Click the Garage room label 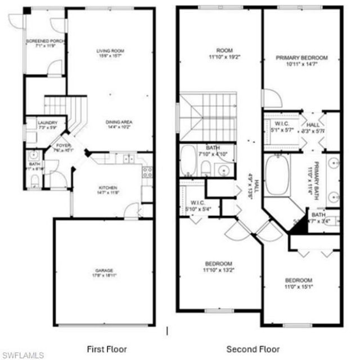coord(104,270)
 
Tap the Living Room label coord(110,51)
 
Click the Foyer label coord(63,145)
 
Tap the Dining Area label coord(118,121)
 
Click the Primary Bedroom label coord(301,57)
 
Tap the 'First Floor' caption coord(107,349)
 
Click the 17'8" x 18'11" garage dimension coord(104,276)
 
